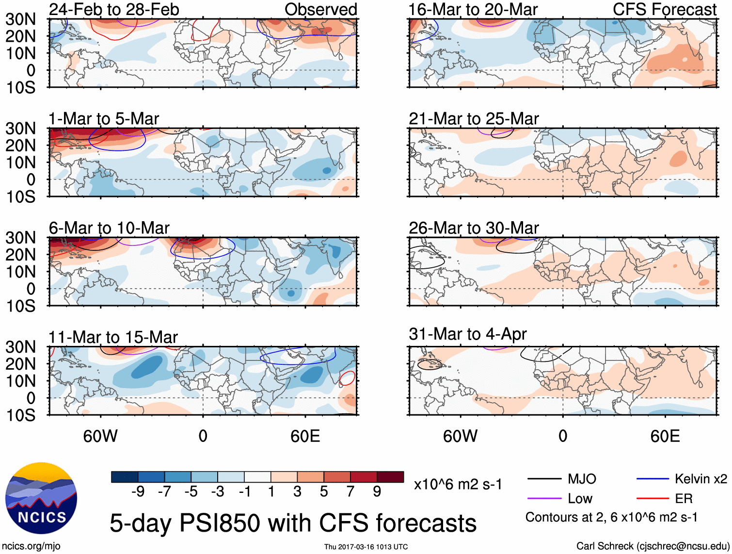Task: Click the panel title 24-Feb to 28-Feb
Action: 114,9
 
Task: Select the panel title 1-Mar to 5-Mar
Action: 104,119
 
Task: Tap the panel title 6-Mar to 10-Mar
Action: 109,228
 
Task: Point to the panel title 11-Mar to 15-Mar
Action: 113,337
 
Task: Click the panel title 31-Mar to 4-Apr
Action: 467,334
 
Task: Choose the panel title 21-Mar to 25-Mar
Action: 474,119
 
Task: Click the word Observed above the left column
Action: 321,9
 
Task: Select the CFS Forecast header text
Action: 665,9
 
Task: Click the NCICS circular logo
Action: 41,498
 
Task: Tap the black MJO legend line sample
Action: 544,479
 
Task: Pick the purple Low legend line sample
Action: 544,498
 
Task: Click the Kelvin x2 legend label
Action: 701,479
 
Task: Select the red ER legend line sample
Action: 652,498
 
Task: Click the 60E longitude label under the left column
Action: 305,436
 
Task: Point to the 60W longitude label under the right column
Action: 460,436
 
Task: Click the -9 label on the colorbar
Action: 138,492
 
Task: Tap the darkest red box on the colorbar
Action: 390,477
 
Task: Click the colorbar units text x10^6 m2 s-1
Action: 458,484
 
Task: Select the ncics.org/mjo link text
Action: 31,546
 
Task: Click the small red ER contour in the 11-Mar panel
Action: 347,378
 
